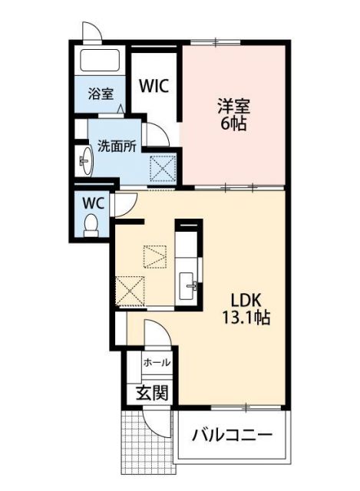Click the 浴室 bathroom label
pos(101,94)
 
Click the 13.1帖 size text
pos(246,318)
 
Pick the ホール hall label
pos(157,362)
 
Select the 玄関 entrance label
pos(152,394)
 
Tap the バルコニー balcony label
pos(232,436)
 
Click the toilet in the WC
pos(91,224)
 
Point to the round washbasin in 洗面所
pos(85,161)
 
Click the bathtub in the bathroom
pos(100,62)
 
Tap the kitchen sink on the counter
pos(188,287)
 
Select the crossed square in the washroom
pos(162,166)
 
